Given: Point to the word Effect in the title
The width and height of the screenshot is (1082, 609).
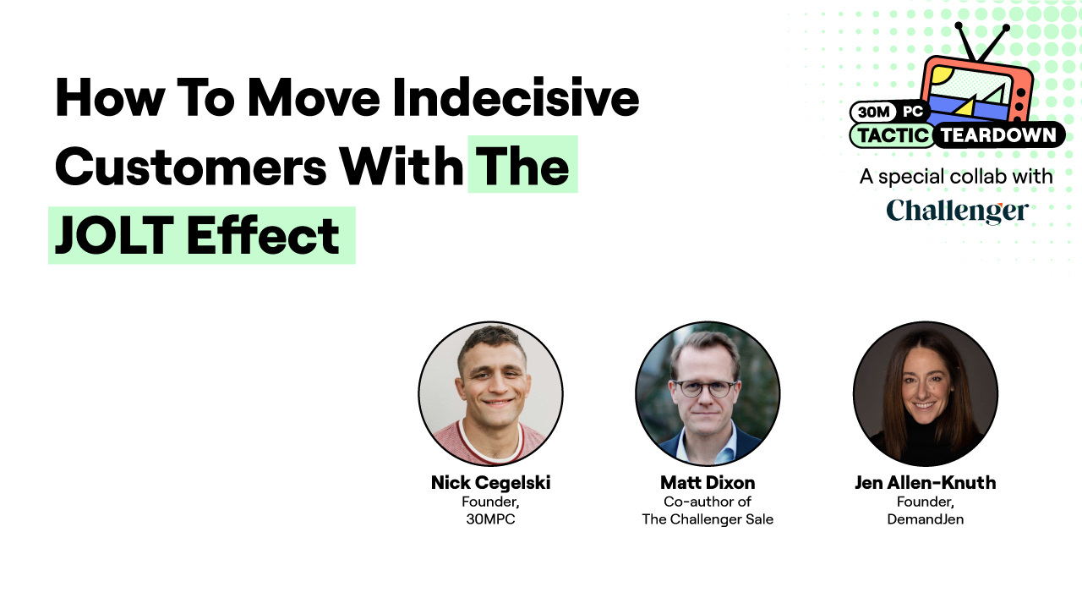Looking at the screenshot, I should tap(263, 235).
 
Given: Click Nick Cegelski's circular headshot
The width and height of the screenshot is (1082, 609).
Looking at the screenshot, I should tap(490, 393).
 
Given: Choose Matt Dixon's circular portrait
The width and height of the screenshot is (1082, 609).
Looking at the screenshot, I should tap(708, 393).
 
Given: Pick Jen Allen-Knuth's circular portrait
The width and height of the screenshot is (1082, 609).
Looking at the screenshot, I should tap(926, 393).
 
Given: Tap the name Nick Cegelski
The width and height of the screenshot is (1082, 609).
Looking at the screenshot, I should tap(490, 483).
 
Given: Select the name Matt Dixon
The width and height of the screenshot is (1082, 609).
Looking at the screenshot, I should tap(708, 483).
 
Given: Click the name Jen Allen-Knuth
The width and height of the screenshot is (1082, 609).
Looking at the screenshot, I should tap(926, 483).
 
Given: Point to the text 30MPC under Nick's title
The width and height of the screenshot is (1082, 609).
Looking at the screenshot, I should tap(490, 519).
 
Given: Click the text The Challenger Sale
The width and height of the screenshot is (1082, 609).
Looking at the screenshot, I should tap(708, 519).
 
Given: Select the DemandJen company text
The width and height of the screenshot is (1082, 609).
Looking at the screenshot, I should tap(926, 519).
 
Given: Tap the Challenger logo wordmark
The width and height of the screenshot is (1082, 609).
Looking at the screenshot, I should tap(957, 211).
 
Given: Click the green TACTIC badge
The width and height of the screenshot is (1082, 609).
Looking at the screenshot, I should tap(893, 135).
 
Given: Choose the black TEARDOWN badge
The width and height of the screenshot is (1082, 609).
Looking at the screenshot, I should tap(997, 135).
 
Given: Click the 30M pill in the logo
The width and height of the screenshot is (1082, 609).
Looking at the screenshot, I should tap(872, 112).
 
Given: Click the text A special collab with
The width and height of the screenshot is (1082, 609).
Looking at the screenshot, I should tap(956, 177).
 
